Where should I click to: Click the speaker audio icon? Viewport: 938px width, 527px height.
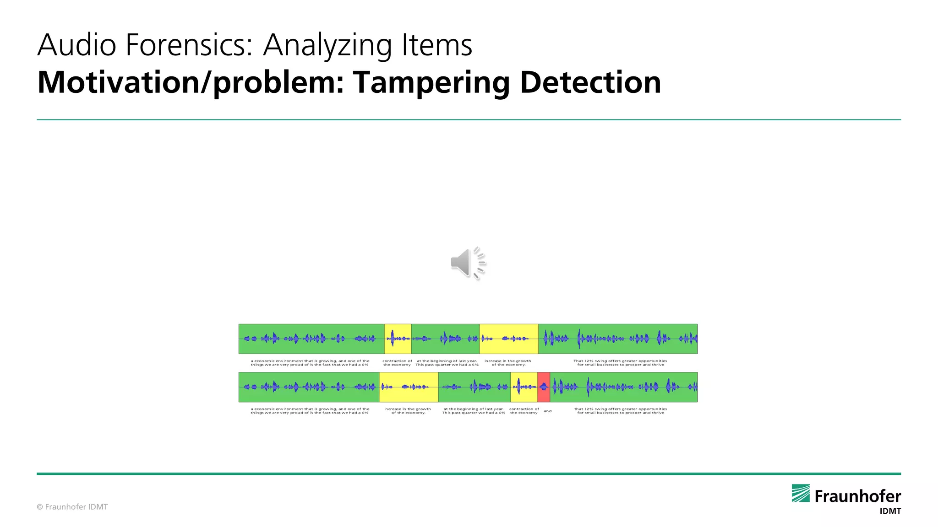467,263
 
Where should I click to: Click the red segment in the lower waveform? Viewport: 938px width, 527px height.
544,387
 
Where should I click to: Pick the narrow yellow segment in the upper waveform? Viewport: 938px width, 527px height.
398,339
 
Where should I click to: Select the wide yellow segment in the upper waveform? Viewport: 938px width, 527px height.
508,339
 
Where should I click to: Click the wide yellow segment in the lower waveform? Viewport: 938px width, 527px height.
409,387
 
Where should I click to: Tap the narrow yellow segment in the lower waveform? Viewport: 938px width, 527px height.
524,387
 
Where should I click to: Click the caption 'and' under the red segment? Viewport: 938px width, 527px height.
548,411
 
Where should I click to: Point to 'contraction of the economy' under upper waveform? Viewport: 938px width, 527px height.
397,363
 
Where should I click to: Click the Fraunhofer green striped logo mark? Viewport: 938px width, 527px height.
801,493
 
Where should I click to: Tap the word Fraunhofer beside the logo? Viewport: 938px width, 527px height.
857,496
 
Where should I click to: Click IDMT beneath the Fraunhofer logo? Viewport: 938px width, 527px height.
890,511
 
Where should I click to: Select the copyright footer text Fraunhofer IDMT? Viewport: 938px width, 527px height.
72,507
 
